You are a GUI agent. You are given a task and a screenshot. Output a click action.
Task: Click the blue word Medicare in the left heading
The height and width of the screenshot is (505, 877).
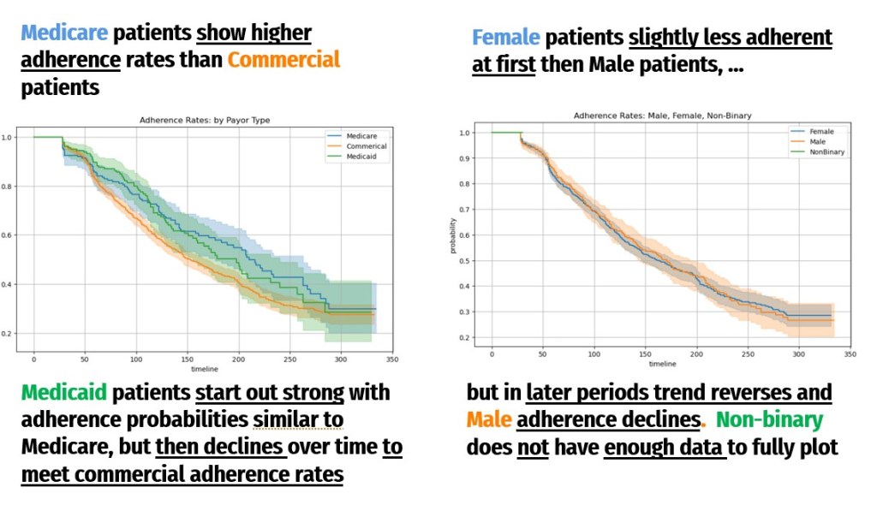click(x=64, y=33)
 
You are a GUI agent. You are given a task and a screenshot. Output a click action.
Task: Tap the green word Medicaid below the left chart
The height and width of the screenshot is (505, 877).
click(x=64, y=393)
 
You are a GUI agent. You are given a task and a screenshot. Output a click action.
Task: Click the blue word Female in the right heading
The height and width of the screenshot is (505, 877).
click(x=505, y=38)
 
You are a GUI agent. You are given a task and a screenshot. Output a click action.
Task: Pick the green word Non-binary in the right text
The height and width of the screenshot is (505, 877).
click(x=769, y=420)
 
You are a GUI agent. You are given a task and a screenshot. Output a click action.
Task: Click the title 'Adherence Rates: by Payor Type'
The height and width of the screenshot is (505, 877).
click(x=205, y=121)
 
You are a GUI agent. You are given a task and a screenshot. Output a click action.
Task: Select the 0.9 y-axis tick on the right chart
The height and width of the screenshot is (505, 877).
click(x=464, y=158)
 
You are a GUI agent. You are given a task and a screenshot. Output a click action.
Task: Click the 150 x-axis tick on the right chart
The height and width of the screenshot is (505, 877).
click(x=645, y=353)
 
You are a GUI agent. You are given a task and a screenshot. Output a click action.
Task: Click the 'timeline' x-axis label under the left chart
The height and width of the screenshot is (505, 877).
click(x=205, y=370)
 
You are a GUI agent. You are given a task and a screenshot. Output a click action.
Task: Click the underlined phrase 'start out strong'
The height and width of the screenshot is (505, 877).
click(x=269, y=393)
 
